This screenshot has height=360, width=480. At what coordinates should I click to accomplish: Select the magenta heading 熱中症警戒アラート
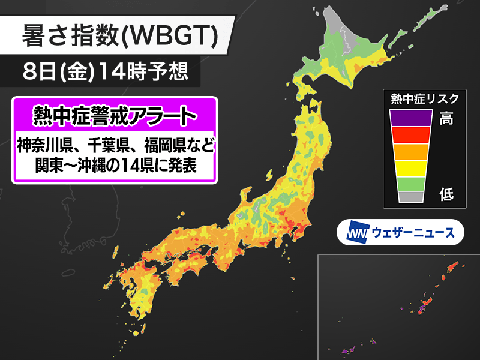tap(114, 114)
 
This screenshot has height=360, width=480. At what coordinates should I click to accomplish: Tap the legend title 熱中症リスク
tap(424, 98)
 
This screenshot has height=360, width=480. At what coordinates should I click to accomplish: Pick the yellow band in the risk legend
tap(411, 167)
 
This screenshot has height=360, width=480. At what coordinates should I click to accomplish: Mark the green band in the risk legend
tap(411, 183)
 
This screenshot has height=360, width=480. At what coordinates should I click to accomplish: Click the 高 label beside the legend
tap(446, 118)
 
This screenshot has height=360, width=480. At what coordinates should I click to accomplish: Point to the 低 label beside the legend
tap(446, 195)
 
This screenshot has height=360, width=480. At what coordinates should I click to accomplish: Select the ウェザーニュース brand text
tap(413, 232)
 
